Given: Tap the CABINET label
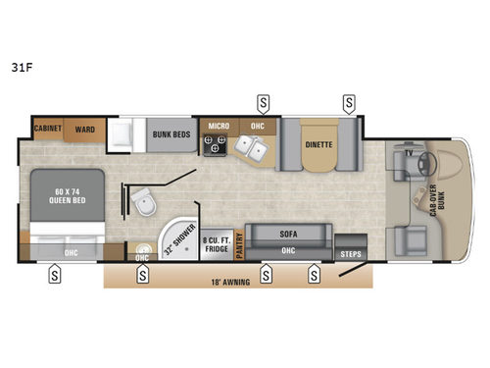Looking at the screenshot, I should coord(48,128).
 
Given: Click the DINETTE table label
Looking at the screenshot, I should coord(318,143).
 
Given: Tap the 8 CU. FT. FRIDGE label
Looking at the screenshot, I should coord(216,242).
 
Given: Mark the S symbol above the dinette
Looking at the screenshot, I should coord(349,101).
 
